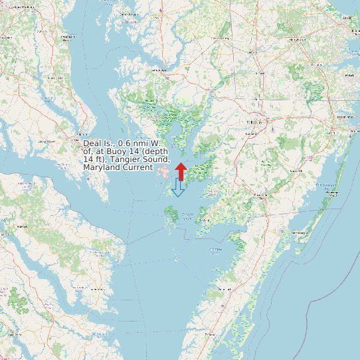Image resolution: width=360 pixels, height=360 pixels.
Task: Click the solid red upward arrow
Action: [181, 171]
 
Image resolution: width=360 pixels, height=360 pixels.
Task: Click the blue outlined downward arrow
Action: [177, 188]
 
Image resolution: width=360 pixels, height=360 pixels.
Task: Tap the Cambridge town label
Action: [157, 69]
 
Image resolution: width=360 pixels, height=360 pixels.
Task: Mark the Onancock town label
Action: [225, 290]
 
